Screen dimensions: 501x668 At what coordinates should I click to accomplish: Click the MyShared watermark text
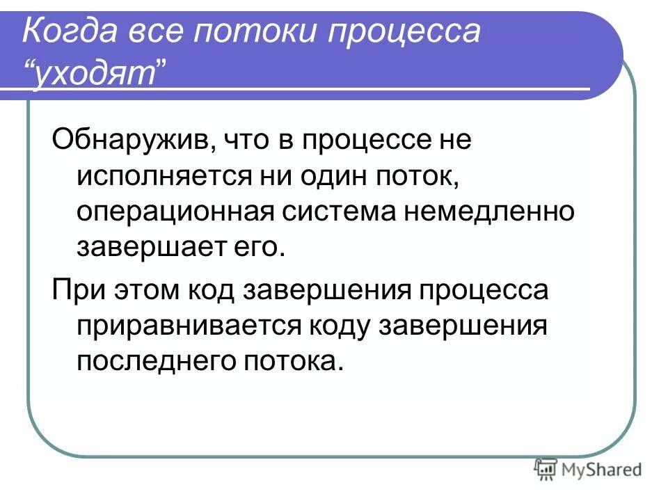[x=603, y=470]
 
